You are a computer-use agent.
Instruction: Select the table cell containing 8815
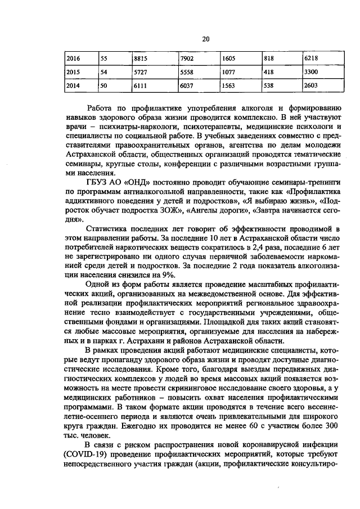[141, 58]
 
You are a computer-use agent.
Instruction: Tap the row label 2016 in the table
[74, 58]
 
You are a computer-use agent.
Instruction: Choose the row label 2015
[74, 73]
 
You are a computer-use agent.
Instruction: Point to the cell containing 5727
[141, 73]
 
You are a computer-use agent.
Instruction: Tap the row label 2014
[74, 86]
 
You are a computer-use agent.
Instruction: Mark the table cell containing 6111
[141, 86]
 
